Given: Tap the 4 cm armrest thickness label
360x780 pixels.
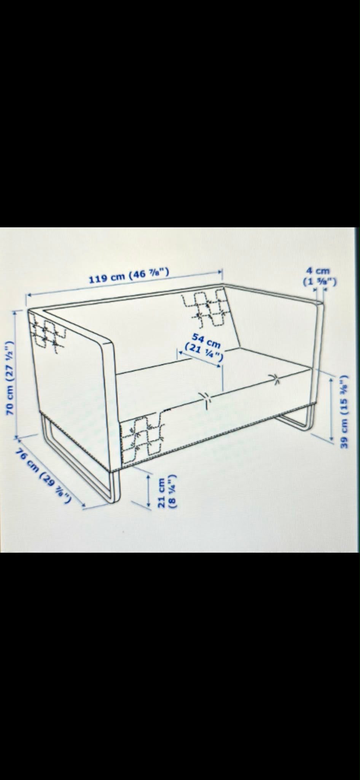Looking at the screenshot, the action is tap(320, 276).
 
